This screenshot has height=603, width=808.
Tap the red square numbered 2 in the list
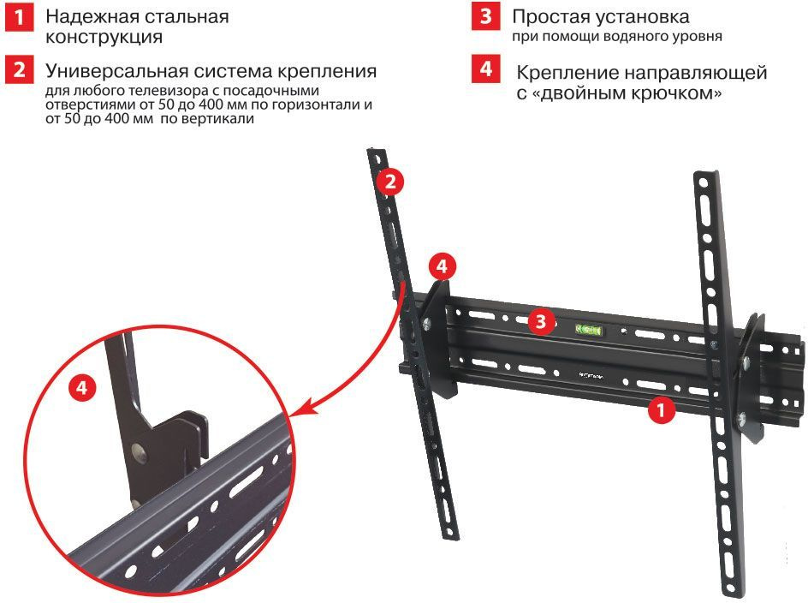point(21,69)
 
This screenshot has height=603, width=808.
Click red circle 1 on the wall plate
point(660,410)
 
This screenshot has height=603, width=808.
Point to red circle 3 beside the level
point(540,321)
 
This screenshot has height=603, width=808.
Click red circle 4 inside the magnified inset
point(82,388)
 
